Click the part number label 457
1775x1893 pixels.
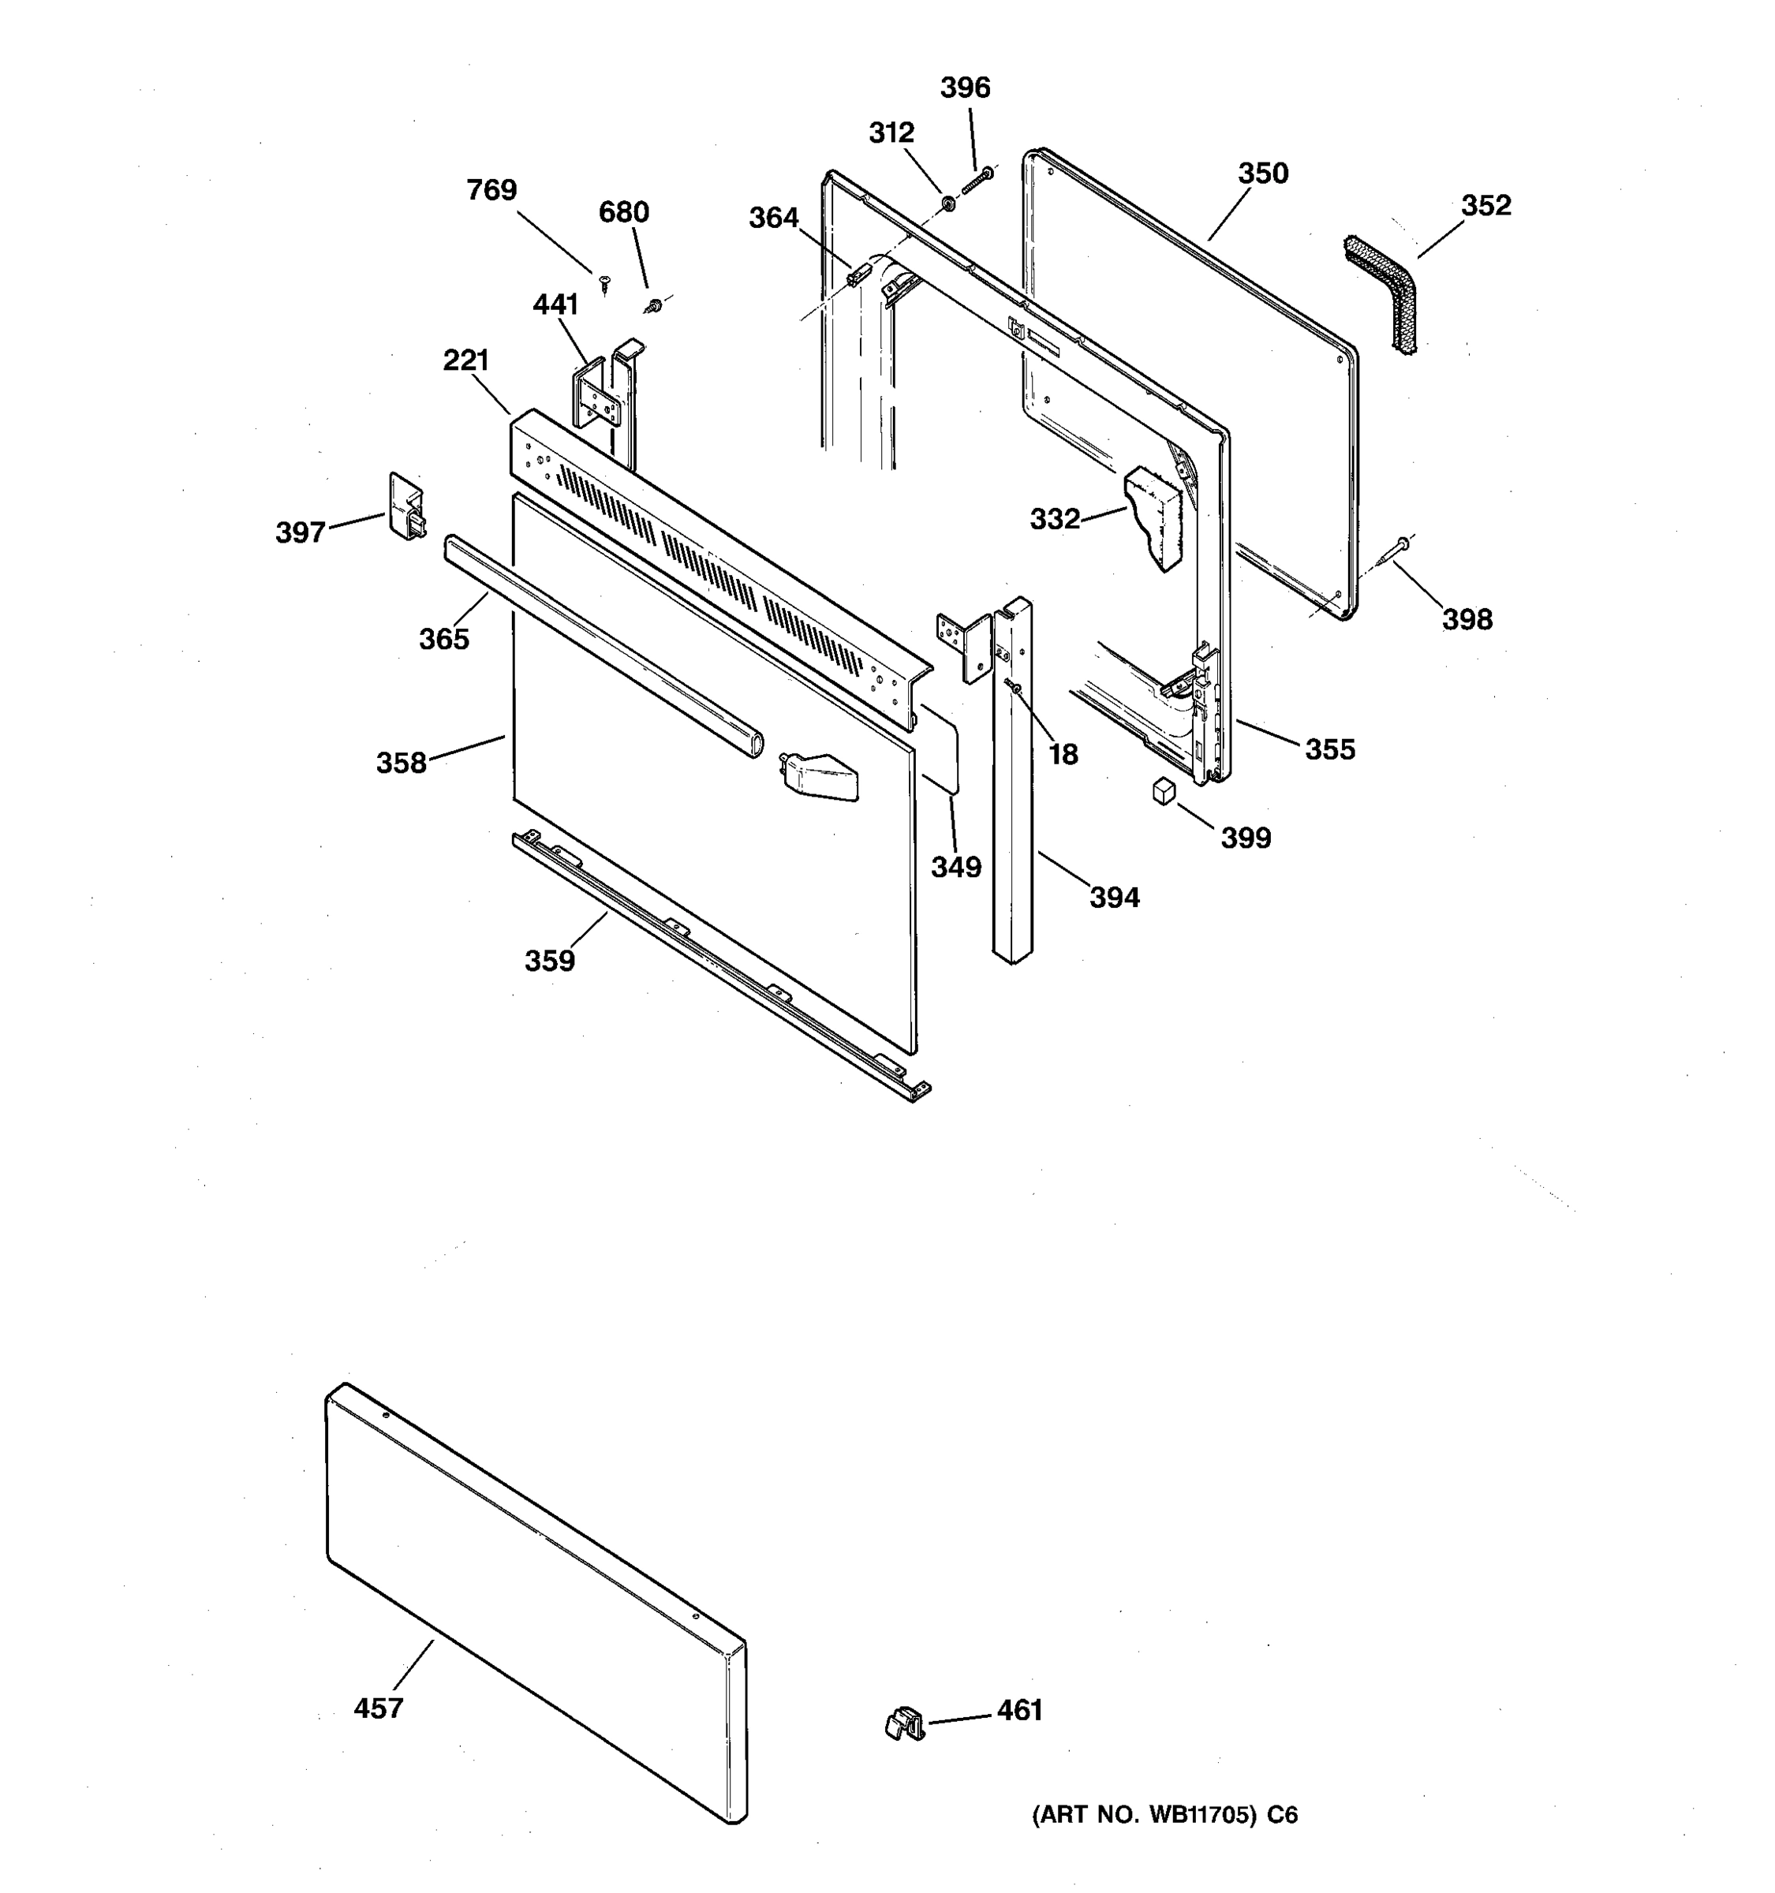378,1708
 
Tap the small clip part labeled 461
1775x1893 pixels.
905,1723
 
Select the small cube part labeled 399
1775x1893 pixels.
1164,790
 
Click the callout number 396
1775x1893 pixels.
965,88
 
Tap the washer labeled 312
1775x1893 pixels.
948,203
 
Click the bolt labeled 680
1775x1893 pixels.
654,306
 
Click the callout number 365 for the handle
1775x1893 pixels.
443,639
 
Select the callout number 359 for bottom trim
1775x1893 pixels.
549,961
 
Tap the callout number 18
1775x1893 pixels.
1063,754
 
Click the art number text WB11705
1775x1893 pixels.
1164,1815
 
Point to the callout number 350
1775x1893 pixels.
1263,174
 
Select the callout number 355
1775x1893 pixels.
1329,749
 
